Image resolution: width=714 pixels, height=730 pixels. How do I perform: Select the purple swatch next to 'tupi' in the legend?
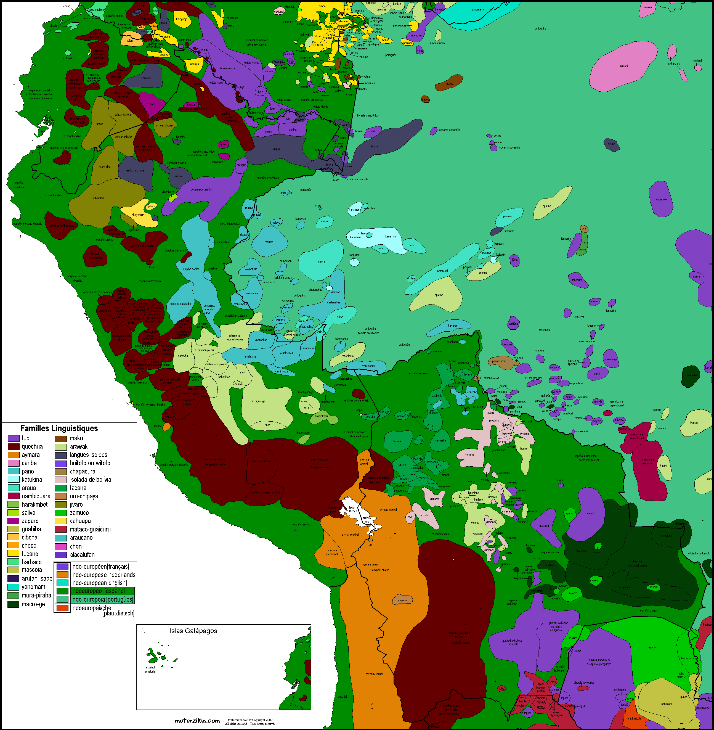click(x=14, y=438)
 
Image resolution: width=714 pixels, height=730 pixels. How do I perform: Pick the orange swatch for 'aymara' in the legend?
click(x=14, y=455)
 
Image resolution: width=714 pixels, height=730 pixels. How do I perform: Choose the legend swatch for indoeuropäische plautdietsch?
click(x=62, y=608)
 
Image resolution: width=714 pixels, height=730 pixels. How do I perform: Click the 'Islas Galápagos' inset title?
click(x=193, y=631)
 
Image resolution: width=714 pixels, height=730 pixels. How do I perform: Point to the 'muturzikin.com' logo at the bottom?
click(x=197, y=721)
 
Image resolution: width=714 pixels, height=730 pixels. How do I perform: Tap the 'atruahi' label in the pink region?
click(x=624, y=66)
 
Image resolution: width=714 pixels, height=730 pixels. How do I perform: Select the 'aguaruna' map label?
click(x=98, y=198)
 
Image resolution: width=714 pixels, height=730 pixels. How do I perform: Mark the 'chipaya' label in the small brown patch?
click(x=402, y=600)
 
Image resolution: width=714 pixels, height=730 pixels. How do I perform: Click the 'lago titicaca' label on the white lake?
click(x=352, y=509)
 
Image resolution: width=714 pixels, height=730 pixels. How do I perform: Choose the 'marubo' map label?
click(x=269, y=242)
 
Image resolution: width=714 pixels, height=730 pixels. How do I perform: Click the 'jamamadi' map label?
click(x=442, y=271)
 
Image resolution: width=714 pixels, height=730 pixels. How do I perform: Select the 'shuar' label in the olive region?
click(x=100, y=123)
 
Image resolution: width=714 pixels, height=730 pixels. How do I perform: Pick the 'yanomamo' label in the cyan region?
click(x=478, y=9)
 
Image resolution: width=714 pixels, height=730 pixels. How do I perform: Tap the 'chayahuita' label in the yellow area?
click(x=138, y=215)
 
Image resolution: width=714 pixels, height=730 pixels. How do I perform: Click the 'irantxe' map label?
click(x=694, y=423)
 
